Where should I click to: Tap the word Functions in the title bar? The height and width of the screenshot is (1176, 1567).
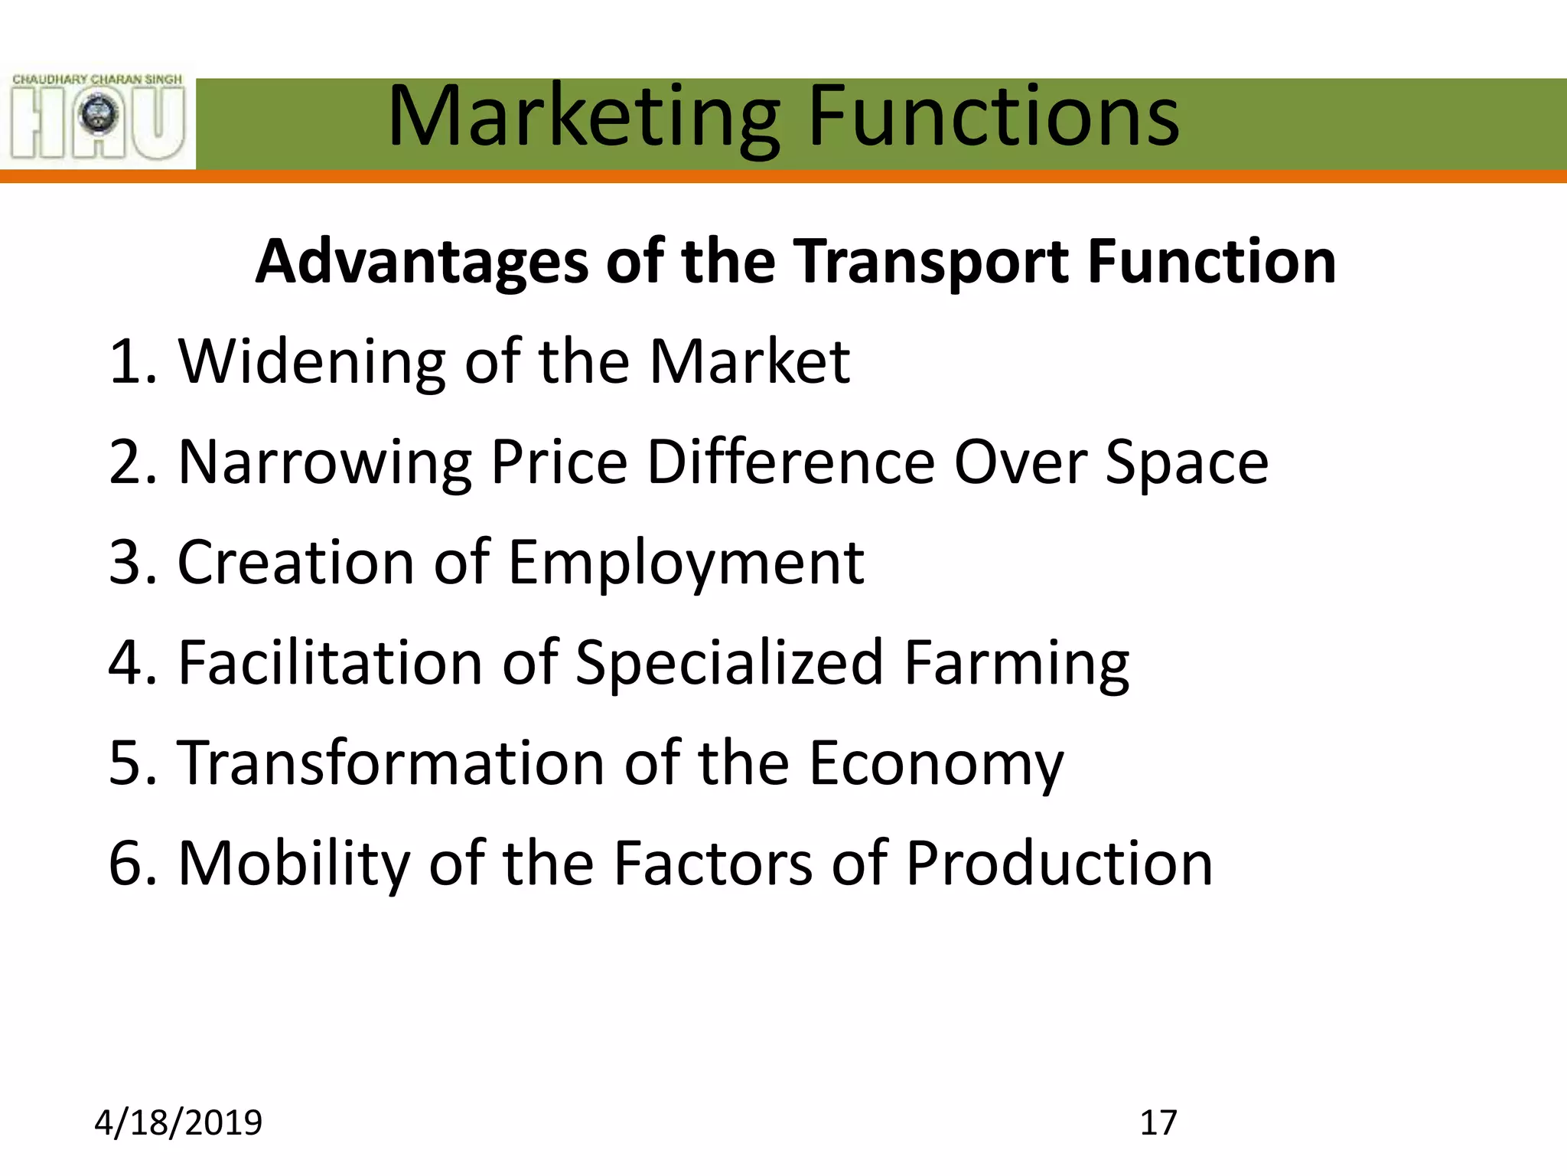(x=993, y=116)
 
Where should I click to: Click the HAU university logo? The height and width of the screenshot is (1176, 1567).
(x=98, y=116)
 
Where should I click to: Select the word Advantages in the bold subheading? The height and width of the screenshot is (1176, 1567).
(x=421, y=262)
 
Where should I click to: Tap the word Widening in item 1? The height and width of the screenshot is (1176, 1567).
(x=312, y=361)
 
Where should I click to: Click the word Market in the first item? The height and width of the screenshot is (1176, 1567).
(x=749, y=361)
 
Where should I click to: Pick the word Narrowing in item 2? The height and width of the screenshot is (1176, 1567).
(x=324, y=462)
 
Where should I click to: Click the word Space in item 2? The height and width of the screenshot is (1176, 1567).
(x=1187, y=462)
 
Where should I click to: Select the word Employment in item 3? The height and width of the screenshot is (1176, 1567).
(x=686, y=563)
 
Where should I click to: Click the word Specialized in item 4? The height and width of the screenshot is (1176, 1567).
(x=730, y=663)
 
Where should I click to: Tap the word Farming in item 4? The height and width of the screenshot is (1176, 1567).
(x=1016, y=663)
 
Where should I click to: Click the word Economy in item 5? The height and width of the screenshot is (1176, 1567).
(x=936, y=763)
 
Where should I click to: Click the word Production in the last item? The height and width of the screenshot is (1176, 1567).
(x=1059, y=864)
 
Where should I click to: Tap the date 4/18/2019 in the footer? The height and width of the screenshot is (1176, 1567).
(x=178, y=1122)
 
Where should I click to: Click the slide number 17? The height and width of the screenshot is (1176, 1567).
(x=1158, y=1122)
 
